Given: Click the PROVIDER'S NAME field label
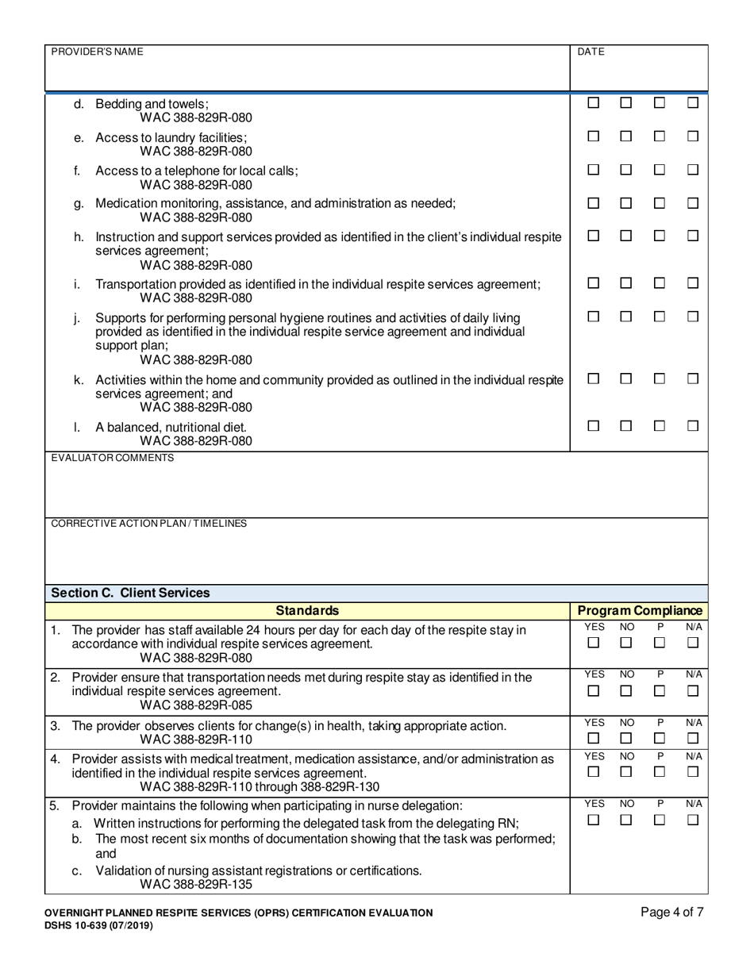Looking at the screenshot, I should point(97,52).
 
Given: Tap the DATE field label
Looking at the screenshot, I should point(591,52).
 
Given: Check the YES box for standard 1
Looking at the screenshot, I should point(593,643).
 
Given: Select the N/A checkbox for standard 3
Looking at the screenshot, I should point(692,740).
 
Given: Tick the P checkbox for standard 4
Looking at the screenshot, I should point(659,771).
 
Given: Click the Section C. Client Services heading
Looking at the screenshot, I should point(130,593).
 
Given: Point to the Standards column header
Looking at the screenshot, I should point(307,610).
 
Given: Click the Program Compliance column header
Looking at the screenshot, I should point(639,610).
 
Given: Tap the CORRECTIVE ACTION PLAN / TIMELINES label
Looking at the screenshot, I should point(148,524).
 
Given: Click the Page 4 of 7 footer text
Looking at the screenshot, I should point(671,912).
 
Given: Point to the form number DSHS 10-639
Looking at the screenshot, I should point(93,924).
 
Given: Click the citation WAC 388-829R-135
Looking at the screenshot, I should point(196,884).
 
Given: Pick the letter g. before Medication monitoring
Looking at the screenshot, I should point(78,204).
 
